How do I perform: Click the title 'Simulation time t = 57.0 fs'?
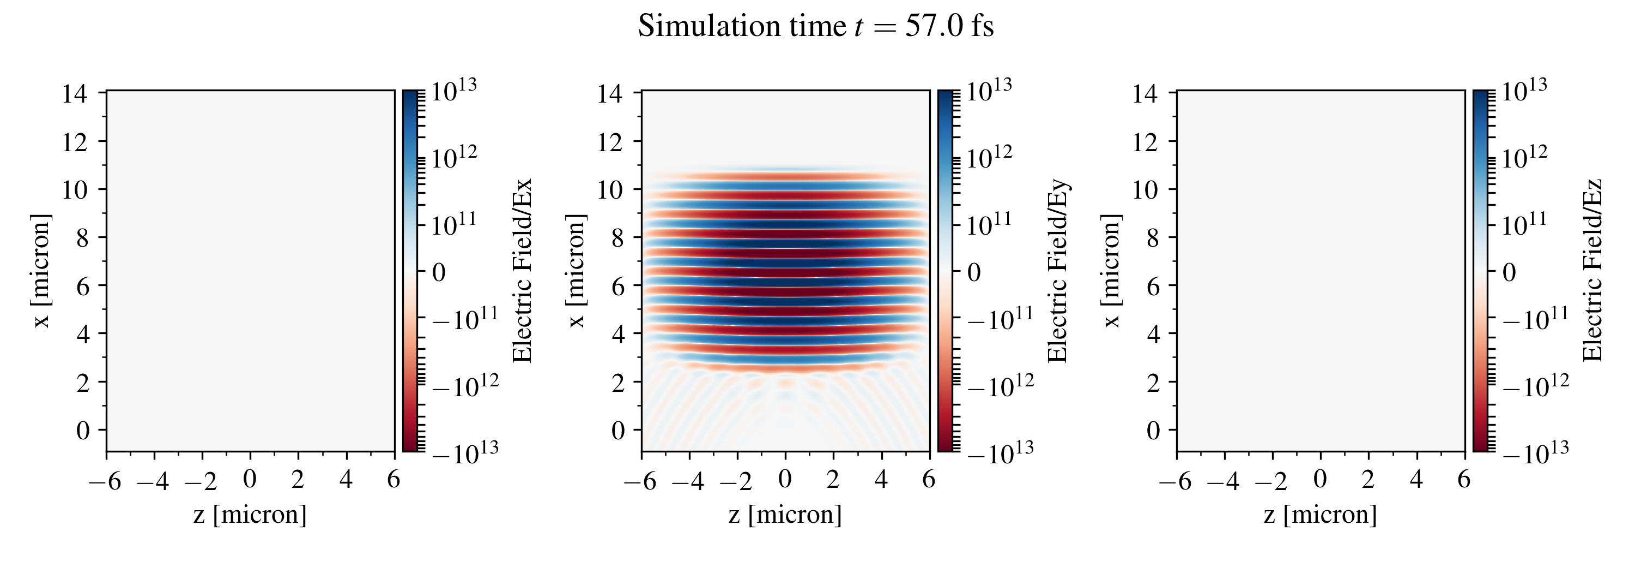click(x=816, y=27)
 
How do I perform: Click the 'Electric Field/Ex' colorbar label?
click(x=522, y=271)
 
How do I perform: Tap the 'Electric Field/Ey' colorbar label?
click(x=1057, y=271)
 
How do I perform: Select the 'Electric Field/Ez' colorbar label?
click(x=1592, y=271)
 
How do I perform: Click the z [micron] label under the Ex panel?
click(x=250, y=514)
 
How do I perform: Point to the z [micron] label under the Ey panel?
click(x=785, y=514)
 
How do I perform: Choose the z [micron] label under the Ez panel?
click(x=1320, y=514)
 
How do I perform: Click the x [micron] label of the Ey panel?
click(x=576, y=271)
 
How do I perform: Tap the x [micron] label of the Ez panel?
click(x=1111, y=271)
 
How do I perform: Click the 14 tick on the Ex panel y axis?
click(x=75, y=94)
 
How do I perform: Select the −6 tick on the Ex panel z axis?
click(x=105, y=481)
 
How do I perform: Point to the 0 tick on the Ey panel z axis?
click(x=785, y=480)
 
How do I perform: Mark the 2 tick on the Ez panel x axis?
click(x=1154, y=383)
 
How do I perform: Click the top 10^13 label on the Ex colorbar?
click(x=454, y=90)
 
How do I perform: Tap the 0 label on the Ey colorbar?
click(x=973, y=272)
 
